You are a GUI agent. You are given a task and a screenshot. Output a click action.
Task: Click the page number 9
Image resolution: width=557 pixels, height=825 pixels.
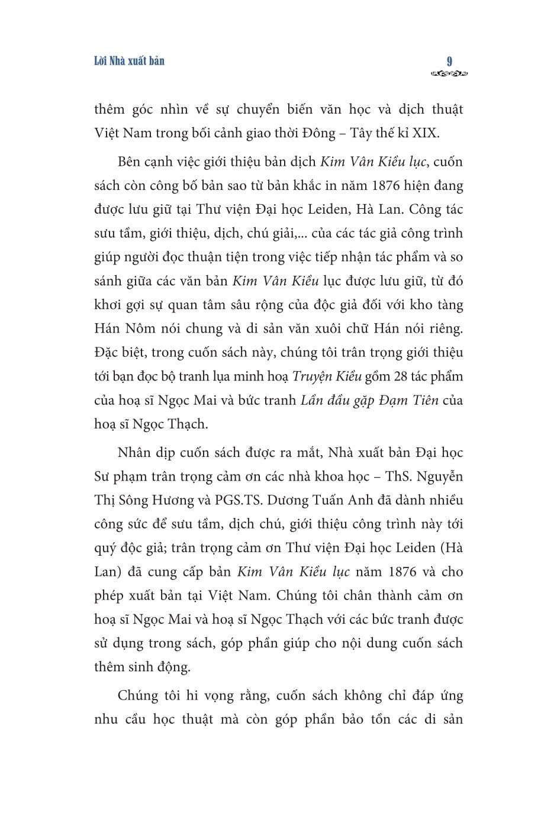450,61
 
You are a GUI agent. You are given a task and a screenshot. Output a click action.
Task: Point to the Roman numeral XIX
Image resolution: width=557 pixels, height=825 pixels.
426,133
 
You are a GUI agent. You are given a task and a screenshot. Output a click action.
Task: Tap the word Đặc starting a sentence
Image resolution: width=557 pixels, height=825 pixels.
107,353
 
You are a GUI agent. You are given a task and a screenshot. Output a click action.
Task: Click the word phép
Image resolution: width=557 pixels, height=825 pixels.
110,596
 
